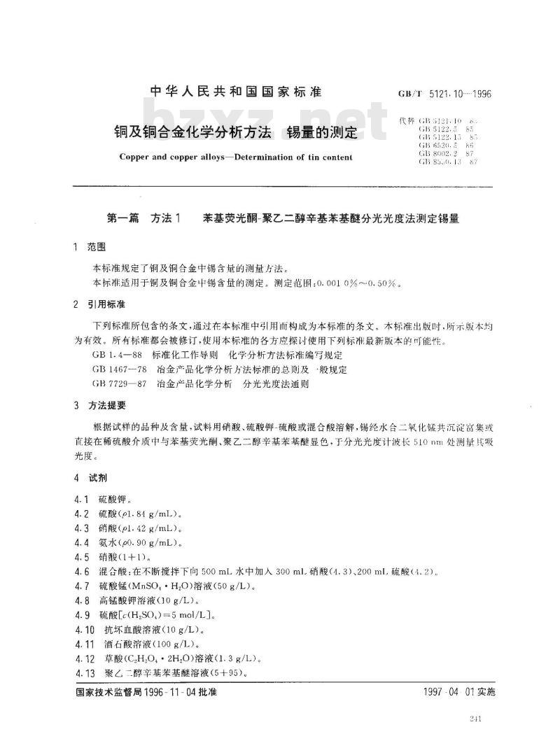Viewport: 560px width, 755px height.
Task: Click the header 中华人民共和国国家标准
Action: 235,92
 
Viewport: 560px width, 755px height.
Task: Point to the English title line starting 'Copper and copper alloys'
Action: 235,157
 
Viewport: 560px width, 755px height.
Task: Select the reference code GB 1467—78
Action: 118,369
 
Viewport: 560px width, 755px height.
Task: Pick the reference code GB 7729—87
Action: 118,384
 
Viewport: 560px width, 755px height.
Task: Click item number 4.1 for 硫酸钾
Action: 81,501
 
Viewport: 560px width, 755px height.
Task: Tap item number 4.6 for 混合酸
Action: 81,572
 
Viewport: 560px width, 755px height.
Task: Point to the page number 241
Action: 479,719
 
